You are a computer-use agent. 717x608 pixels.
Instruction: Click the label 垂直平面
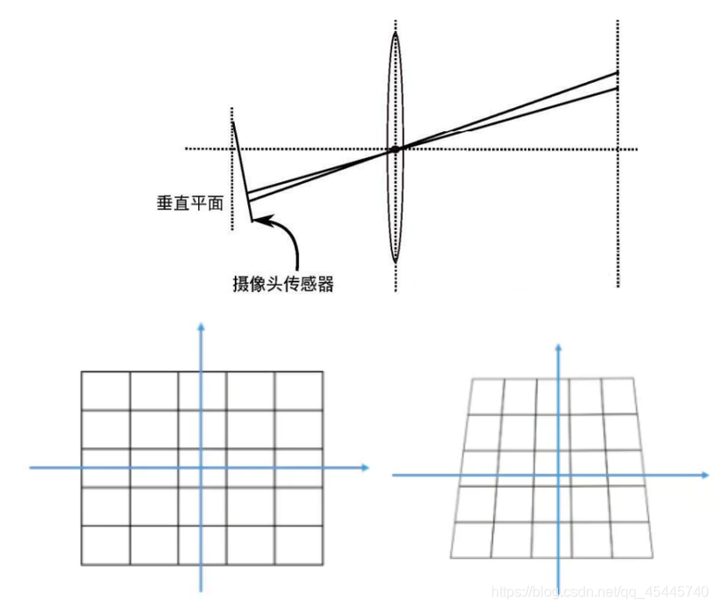pos(188,203)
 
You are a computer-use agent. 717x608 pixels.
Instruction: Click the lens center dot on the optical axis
pos(395,149)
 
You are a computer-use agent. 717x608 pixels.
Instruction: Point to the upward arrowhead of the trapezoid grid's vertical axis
pos(559,345)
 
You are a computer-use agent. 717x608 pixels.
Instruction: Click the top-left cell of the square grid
pos(106,390)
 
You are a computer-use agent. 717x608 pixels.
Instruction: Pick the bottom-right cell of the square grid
pos(297,545)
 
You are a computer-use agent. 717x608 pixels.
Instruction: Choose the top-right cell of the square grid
pos(297,390)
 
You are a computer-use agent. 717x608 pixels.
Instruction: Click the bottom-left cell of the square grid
pos(106,545)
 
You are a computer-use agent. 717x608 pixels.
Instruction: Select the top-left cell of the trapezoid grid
pos(487,397)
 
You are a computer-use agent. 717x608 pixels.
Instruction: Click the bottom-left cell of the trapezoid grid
pos(473,537)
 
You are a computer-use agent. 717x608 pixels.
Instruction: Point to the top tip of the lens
pos(395,34)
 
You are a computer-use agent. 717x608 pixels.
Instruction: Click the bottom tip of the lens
pos(395,261)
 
